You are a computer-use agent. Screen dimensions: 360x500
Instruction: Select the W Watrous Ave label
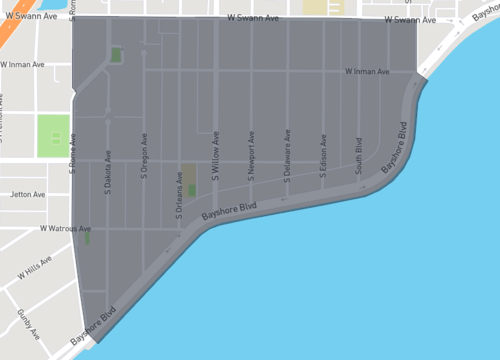pyautogui.click(x=66, y=229)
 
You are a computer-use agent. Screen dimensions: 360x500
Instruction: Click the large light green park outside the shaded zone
pyautogui.click(x=53, y=136)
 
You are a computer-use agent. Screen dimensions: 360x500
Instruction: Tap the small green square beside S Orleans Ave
pyautogui.click(x=192, y=189)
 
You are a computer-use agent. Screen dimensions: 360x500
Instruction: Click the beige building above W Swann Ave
pyautogui.click(x=317, y=6)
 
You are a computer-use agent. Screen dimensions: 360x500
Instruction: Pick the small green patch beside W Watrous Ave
pyautogui.click(x=88, y=237)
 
